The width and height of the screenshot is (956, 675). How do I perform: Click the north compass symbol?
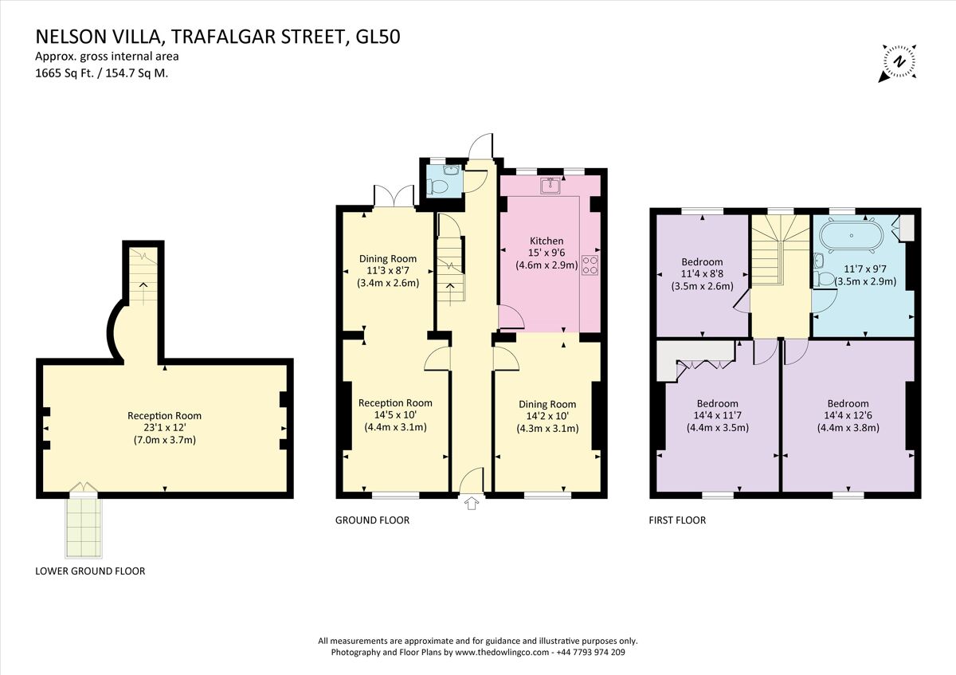[x=898, y=62]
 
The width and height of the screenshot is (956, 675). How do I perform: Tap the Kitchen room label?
[x=547, y=241]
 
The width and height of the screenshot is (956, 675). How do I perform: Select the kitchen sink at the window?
[x=549, y=186]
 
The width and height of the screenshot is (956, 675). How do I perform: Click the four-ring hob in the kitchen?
[x=591, y=265]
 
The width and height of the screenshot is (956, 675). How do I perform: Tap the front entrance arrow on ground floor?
[x=470, y=503]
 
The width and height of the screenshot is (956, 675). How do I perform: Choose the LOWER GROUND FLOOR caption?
[x=90, y=571]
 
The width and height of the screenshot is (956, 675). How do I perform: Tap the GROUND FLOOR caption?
[x=372, y=520]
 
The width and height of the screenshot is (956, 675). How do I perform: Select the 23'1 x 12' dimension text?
[x=165, y=428]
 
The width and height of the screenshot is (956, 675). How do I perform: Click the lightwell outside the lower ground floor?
[x=83, y=526]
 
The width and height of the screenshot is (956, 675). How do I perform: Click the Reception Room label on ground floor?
[x=395, y=403]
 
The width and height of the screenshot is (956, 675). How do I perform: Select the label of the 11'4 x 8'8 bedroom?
[x=702, y=261]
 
